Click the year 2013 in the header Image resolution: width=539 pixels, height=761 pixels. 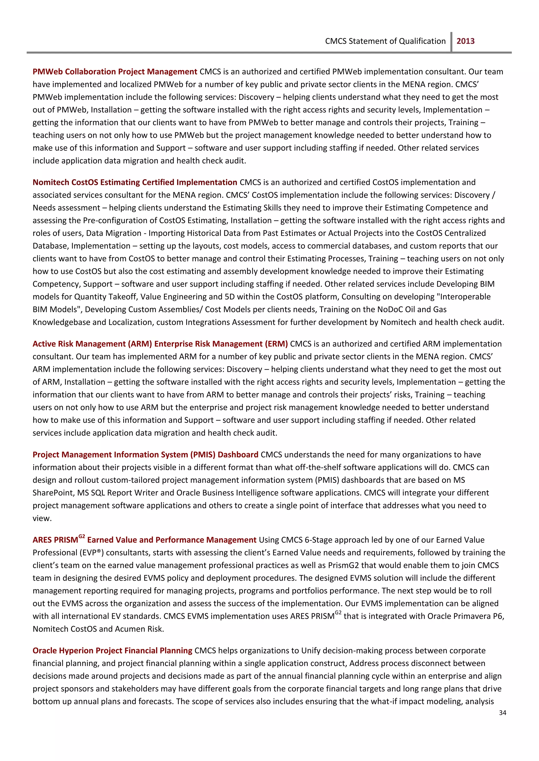click(x=465, y=41)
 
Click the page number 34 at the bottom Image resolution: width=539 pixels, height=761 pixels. click(x=502, y=713)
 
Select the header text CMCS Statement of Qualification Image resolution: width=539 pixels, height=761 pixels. click(x=385, y=41)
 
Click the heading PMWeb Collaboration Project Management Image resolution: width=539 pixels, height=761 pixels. click(x=115, y=72)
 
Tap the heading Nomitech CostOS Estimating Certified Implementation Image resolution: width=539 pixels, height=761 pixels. click(x=135, y=182)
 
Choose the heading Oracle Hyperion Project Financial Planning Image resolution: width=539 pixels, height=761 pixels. click(x=112, y=651)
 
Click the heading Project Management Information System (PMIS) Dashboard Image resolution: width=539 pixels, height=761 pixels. click(x=145, y=455)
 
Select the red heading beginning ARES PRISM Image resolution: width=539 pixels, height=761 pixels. click(x=144, y=540)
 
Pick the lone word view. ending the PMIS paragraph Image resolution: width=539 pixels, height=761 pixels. click(x=42, y=518)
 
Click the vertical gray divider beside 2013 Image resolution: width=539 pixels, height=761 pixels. click(x=451, y=42)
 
